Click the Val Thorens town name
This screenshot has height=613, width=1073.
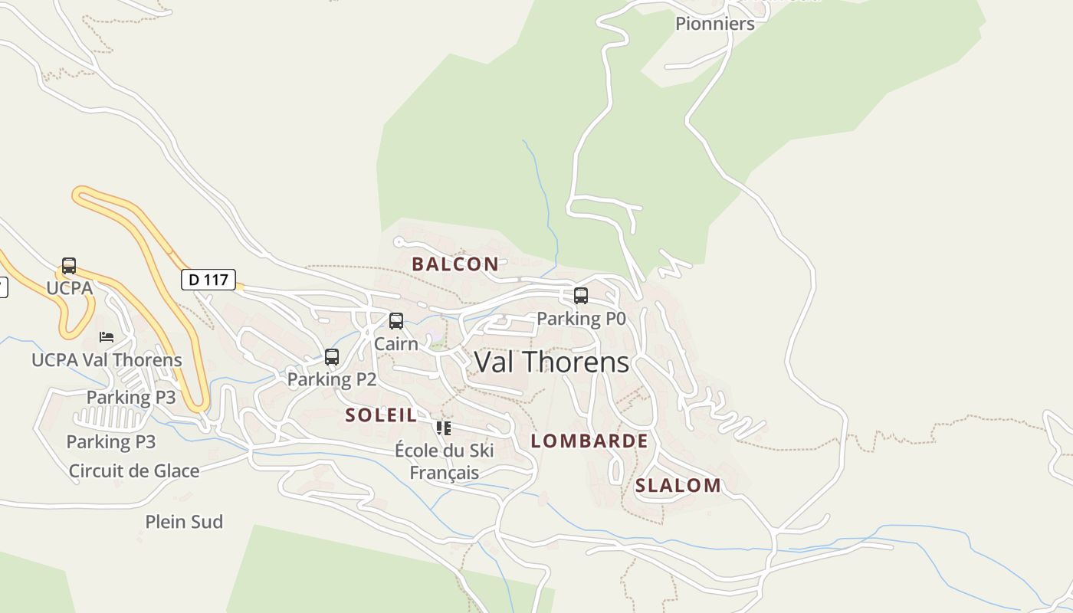coord(552,362)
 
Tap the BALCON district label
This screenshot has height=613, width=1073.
coord(455,264)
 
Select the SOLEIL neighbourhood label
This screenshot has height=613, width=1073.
coord(381,415)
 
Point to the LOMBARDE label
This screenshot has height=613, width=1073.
coord(589,441)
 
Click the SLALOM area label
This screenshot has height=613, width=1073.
coord(678,486)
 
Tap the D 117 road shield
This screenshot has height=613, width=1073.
coord(208,280)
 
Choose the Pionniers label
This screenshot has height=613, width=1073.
coord(715,24)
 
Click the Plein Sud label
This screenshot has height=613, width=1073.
coord(184,522)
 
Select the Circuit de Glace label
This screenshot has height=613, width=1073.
coord(134,471)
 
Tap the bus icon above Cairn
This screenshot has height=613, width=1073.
coord(396,321)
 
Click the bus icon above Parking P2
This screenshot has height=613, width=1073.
coord(332,357)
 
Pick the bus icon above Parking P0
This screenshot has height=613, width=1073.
coord(581,296)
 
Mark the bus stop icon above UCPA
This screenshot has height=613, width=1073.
coord(69,266)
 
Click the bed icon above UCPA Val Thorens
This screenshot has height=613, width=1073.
coord(107,337)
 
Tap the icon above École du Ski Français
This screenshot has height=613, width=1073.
coord(444,428)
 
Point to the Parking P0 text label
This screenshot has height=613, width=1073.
coord(581,318)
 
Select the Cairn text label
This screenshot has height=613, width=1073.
coord(396,344)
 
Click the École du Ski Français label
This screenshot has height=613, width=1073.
coord(445,461)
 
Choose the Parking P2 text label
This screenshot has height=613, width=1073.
coord(332,379)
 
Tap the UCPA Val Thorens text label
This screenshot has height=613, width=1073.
coord(107,360)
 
